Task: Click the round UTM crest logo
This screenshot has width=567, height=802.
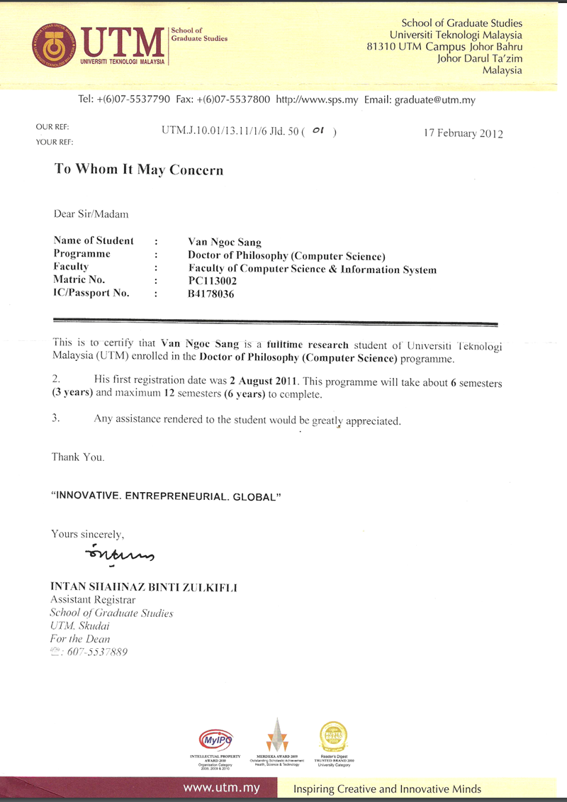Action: coord(53,46)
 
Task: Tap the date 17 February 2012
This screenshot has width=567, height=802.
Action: coord(463,133)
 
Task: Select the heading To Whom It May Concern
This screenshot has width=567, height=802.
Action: coord(139,170)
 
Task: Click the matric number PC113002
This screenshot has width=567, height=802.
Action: coord(212,281)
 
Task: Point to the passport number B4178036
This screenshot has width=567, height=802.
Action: coord(211,294)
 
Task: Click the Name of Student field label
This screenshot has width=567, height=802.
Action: coord(94,241)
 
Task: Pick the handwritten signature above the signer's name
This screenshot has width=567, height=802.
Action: coord(117,552)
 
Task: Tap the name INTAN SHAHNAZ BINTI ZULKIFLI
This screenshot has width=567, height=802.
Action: coord(144,587)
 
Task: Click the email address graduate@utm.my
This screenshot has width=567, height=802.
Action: coord(434,100)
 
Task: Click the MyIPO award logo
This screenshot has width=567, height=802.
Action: coord(215,739)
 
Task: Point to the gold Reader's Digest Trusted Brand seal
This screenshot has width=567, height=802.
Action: coord(333,736)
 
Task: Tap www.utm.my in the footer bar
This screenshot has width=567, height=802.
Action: coord(221,788)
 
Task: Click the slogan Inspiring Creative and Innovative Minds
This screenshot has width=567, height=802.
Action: coord(387,789)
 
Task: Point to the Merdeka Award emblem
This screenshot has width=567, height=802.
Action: coord(277,735)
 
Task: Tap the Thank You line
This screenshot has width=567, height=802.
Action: coord(78,457)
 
